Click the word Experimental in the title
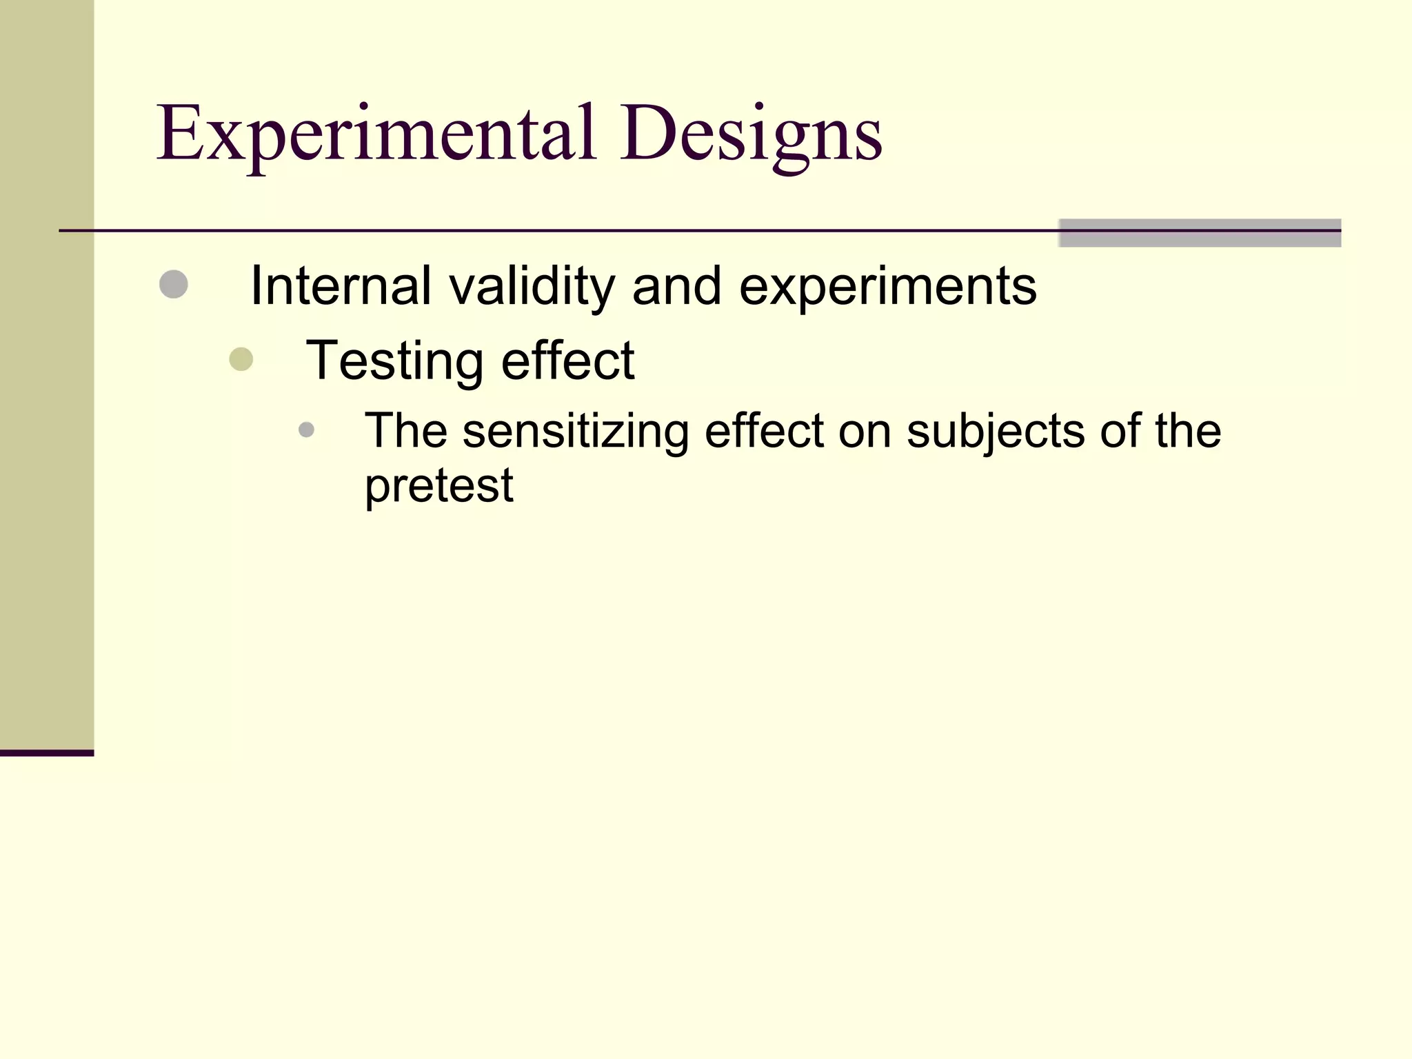pos(376,134)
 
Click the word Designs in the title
pos(750,134)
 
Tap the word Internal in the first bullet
pos(341,285)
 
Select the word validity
pos(532,287)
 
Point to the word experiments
pos(887,287)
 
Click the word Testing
pos(395,361)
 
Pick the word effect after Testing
pos(567,360)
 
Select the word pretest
pos(438,485)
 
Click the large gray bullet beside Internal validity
pos(173,284)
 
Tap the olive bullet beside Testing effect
pos(241,359)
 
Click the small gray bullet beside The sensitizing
pos(306,430)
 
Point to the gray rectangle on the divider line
pos(1199,233)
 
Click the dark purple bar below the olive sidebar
pos(46,753)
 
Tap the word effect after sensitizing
pos(764,430)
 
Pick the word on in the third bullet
pos(864,432)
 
